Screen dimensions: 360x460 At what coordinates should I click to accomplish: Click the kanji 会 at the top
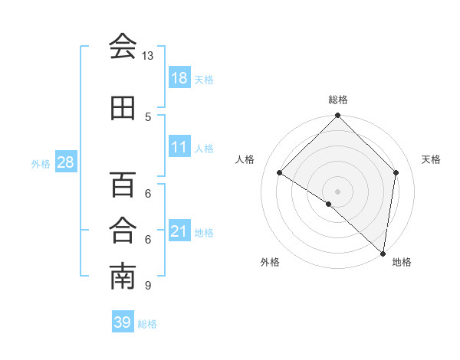pos(123,46)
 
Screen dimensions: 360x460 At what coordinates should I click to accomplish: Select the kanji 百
pos(123,184)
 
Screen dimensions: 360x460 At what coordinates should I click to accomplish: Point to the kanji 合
pos(123,230)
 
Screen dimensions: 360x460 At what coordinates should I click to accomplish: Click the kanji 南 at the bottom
pos(123,277)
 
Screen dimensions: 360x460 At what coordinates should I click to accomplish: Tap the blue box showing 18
pos(179,78)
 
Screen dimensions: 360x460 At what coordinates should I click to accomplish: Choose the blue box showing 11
pos(179,147)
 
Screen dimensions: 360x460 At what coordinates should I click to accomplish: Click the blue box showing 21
pos(179,231)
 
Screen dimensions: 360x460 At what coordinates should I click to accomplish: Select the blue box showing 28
pos(65,162)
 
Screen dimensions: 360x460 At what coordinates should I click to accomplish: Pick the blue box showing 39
pos(123,322)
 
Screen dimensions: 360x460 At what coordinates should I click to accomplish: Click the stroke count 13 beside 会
pos(148,56)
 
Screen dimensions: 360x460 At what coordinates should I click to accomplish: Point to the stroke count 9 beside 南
pos(148,286)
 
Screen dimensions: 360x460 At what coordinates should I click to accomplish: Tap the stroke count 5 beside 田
pos(148,116)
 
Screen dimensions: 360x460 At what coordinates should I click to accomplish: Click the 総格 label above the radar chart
pos(338,100)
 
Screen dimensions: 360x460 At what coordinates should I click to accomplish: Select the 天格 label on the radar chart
pos(432,159)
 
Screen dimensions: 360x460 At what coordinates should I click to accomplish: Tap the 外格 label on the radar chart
pos(270,262)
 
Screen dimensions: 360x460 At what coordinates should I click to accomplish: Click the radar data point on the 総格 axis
pos(338,116)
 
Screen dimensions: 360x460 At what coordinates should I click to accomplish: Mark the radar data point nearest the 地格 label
pos(383,253)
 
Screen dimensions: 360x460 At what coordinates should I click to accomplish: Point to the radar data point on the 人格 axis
pos(280,173)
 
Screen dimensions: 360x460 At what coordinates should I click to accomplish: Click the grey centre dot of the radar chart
pos(338,191)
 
